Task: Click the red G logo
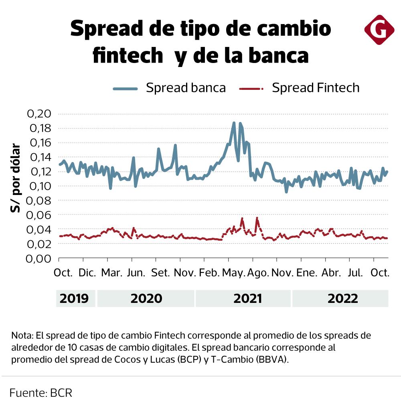pos(379,30)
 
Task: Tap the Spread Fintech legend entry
pos(299,87)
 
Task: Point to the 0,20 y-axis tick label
pos(39,114)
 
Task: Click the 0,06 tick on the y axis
pos(39,215)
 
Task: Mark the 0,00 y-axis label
pos(39,258)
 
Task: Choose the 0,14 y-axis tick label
pos(39,157)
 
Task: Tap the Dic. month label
pos(87,273)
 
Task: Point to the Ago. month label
pos(257,273)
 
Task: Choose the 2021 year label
pos(247,299)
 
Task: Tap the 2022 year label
pos(343,299)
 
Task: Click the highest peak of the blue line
pos(234,123)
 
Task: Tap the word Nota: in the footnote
pos(22,335)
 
